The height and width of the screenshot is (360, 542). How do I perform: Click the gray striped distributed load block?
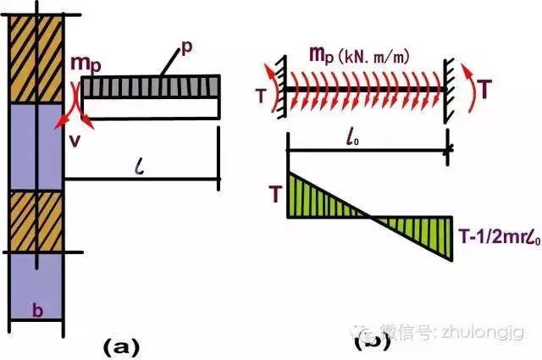[x=151, y=86]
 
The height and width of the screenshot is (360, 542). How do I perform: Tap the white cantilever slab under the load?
[x=151, y=108]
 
